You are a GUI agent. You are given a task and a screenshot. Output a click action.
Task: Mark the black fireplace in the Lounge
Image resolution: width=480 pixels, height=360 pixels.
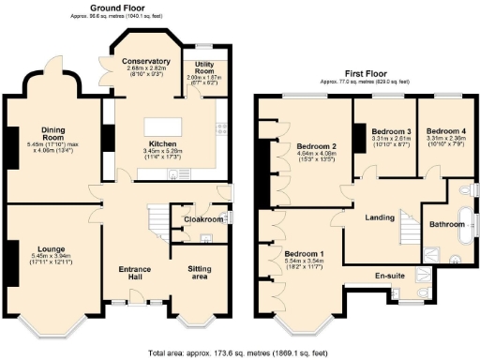tap(10, 262)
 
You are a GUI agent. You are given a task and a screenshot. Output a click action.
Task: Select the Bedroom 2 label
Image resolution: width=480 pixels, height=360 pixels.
tap(317, 146)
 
